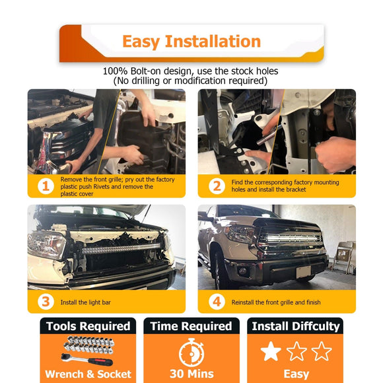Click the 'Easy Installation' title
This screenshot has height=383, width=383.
coord(191,42)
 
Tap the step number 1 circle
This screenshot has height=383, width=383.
coord(45,186)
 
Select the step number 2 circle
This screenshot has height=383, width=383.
coord(216,186)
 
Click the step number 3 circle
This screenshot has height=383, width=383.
coord(45,301)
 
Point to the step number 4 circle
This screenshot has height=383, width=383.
coord(216,301)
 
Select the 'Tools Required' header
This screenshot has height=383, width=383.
coord(87,326)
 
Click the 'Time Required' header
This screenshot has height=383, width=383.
coord(191,326)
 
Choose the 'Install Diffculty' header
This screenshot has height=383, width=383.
coord(296,326)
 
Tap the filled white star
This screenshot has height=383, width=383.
coord(271,351)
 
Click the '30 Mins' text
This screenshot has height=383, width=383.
coord(191,374)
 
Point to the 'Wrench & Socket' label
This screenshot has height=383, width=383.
coord(87,374)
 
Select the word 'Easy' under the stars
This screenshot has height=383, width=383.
coord(296,374)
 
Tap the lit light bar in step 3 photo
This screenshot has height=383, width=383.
coord(112,249)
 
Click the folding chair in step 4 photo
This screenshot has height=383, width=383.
coord(345,255)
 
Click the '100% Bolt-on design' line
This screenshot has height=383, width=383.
coord(191,71)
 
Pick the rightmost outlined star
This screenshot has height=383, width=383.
coord(322,351)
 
